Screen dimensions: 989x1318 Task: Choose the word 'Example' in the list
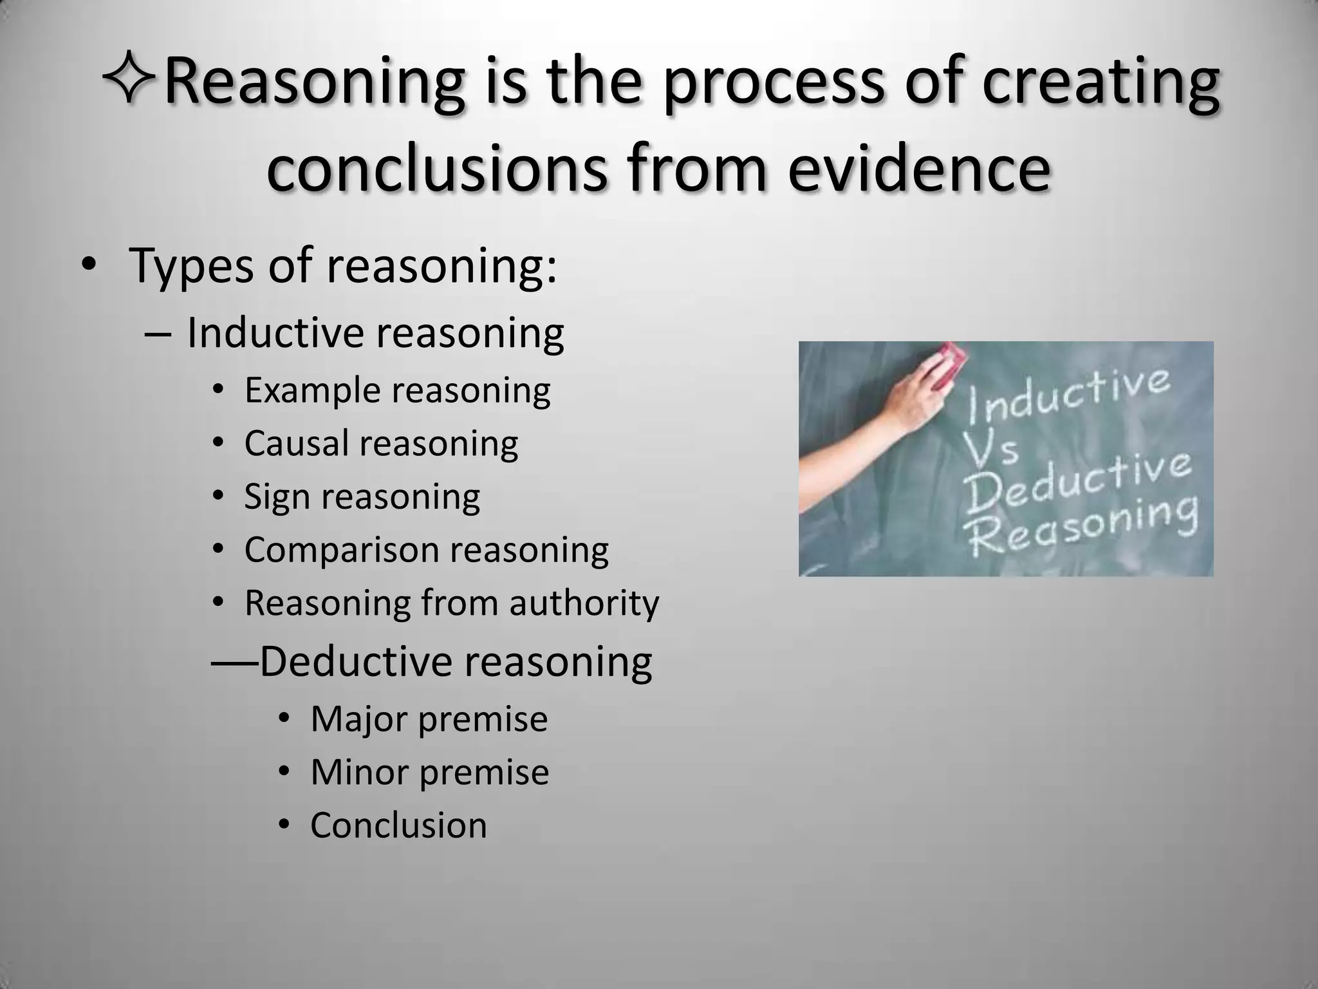(311, 390)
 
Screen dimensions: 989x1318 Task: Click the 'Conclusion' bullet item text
(398, 825)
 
